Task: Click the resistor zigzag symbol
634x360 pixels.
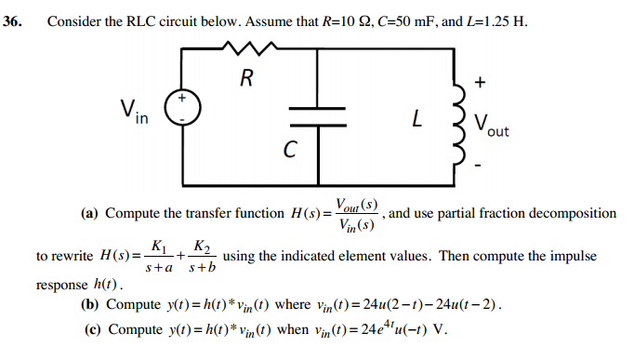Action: [x=244, y=47]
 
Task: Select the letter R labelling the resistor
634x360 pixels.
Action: [x=244, y=77]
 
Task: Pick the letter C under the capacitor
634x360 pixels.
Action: [x=291, y=150]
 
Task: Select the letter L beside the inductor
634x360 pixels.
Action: [x=418, y=120]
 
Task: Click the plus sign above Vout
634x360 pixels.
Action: [x=479, y=82]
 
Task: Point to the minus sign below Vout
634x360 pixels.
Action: [x=479, y=167]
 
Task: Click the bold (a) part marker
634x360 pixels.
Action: [x=90, y=214]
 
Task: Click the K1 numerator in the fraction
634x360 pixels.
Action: [x=158, y=247]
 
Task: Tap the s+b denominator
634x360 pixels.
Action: [x=202, y=268]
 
